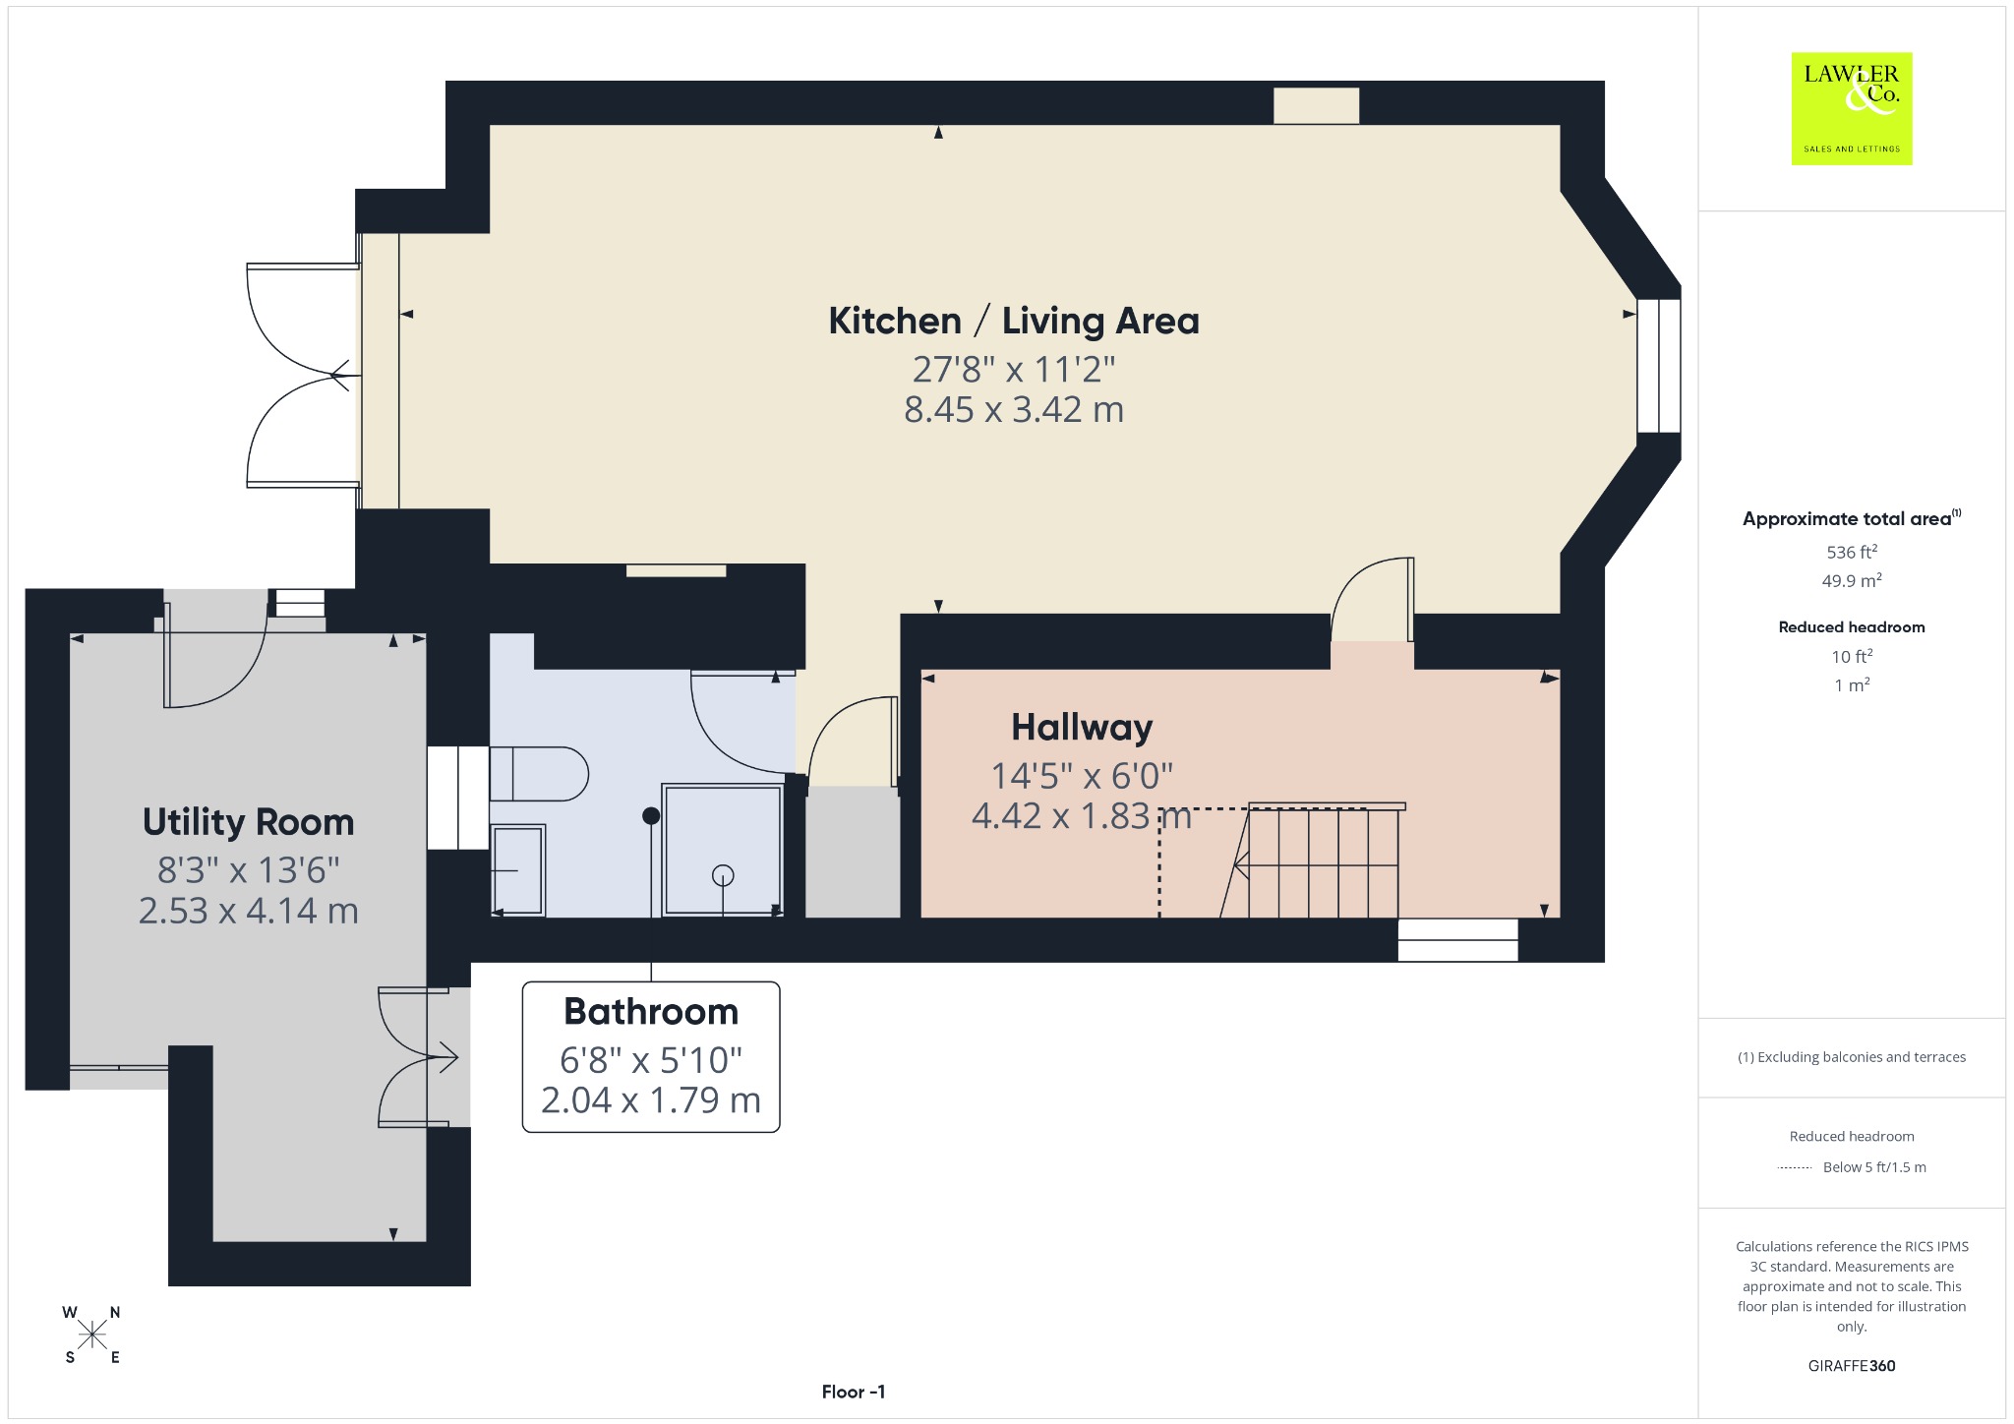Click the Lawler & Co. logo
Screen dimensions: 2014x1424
[x=1851, y=108]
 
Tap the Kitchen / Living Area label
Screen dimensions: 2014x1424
[x=1014, y=321]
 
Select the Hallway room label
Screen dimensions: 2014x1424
[x=1082, y=727]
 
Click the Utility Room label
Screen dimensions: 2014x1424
[x=248, y=822]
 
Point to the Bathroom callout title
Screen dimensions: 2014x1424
[x=651, y=1011]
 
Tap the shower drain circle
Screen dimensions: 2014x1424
[x=723, y=874]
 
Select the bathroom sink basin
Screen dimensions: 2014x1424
[x=517, y=870]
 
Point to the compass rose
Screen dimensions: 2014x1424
[x=92, y=1335]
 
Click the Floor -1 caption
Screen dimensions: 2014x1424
[x=854, y=1392]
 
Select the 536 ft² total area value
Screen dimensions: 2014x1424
[x=1852, y=552]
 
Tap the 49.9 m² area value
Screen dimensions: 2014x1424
[x=1852, y=580]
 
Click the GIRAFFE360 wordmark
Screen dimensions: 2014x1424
[x=1852, y=1365]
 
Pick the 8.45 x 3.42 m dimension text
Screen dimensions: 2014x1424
[x=1014, y=409]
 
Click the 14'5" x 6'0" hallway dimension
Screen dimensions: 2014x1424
[x=1082, y=776]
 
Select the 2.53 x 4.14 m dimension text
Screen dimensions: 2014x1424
[x=248, y=911]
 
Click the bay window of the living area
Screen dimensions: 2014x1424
[x=1659, y=366]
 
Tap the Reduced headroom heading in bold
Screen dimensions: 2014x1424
[x=1852, y=626]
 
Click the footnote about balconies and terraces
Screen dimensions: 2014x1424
[x=1852, y=1057]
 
